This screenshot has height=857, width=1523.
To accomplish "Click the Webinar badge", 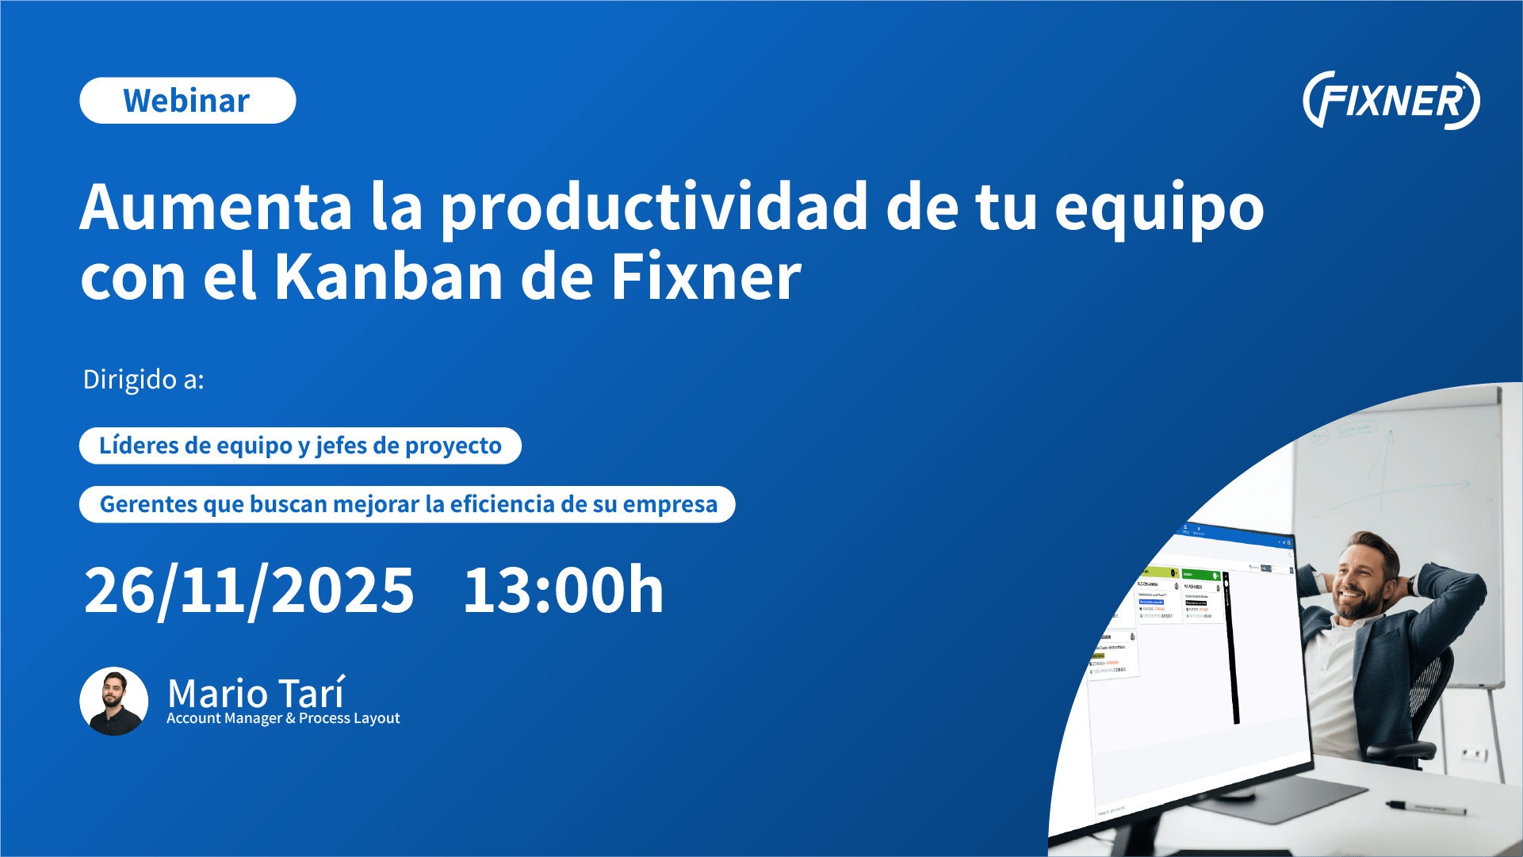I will (187, 101).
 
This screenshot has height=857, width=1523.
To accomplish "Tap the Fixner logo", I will (1391, 101).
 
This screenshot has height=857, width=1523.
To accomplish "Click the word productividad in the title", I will (654, 208).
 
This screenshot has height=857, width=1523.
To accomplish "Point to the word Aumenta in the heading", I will (216, 208).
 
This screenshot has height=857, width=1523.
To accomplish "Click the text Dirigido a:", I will (143, 379).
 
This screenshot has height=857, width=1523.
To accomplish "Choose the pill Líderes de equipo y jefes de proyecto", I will (300, 446).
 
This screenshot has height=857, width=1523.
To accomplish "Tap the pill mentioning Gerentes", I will (407, 504).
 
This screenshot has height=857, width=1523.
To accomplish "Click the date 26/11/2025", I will (249, 591).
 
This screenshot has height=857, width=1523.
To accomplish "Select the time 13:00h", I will (563, 591).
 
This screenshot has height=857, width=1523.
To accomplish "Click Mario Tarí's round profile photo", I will (114, 701).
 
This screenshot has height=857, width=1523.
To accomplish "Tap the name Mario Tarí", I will (256, 693).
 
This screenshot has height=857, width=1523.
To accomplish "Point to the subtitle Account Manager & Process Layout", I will (283, 718).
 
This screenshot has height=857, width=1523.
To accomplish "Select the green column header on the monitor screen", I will (1200, 574).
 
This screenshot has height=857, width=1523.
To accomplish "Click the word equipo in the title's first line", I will (1159, 208).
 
